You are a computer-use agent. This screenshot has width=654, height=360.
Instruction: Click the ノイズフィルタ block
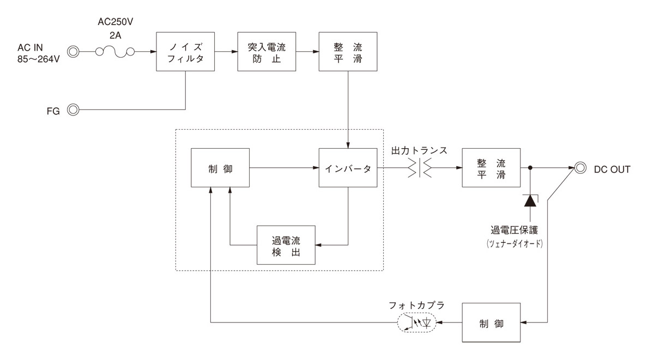pyautogui.click(x=185, y=51)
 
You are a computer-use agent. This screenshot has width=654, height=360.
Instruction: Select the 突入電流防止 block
pyautogui.click(x=267, y=51)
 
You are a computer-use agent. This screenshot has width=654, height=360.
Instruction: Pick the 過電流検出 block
pyautogui.click(x=286, y=245)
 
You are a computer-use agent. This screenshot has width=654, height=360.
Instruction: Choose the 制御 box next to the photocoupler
pyautogui.click(x=491, y=323)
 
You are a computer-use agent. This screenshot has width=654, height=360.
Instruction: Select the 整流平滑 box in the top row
pyautogui.click(x=348, y=51)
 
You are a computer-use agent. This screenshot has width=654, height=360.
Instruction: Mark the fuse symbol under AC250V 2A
pyautogui.click(x=114, y=52)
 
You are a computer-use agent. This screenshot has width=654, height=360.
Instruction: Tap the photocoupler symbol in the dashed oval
pyautogui.click(x=417, y=323)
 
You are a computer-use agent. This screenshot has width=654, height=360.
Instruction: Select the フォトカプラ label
pyautogui.click(x=417, y=305)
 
